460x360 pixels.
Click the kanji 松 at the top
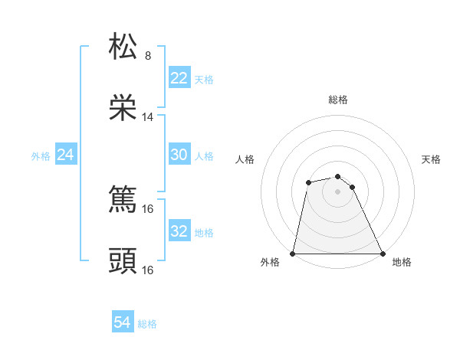123,47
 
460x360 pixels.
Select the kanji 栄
123,107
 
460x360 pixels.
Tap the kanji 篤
123,201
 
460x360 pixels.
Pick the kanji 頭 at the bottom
123,261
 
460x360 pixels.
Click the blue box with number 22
179,78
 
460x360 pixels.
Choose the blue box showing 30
179,155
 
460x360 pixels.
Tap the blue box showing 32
179,231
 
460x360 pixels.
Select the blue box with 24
65,155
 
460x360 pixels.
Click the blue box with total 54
123,322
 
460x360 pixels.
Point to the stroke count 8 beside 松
148,56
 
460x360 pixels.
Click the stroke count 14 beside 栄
148,117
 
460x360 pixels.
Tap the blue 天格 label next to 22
204,79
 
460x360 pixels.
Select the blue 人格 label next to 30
204,155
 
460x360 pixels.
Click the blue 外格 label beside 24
41,155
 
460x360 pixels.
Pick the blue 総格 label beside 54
147,323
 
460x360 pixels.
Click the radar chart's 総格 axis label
338,100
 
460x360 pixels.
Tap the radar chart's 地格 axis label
402,262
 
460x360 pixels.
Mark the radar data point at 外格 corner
293,254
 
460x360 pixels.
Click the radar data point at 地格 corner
383,254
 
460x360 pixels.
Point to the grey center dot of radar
338,191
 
